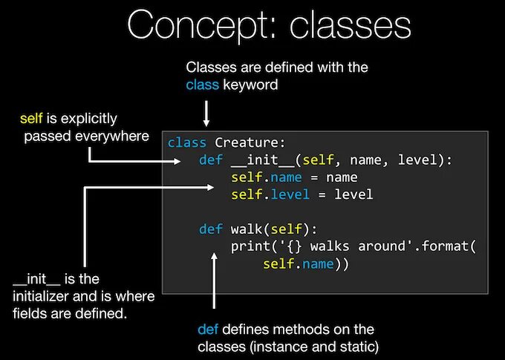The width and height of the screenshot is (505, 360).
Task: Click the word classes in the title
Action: coord(351,26)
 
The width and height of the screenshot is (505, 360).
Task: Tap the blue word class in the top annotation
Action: coord(202,85)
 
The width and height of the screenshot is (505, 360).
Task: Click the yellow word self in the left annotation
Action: coord(32,119)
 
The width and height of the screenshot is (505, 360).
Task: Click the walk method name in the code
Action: coord(247,229)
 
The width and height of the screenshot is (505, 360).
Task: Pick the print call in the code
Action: coord(247,246)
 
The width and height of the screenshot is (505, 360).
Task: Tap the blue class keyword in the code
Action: coord(186,143)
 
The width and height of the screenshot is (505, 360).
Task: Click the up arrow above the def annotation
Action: coord(215,282)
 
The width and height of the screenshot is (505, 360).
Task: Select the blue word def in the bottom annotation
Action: coord(207,329)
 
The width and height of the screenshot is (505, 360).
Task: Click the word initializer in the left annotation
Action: coord(48,296)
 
